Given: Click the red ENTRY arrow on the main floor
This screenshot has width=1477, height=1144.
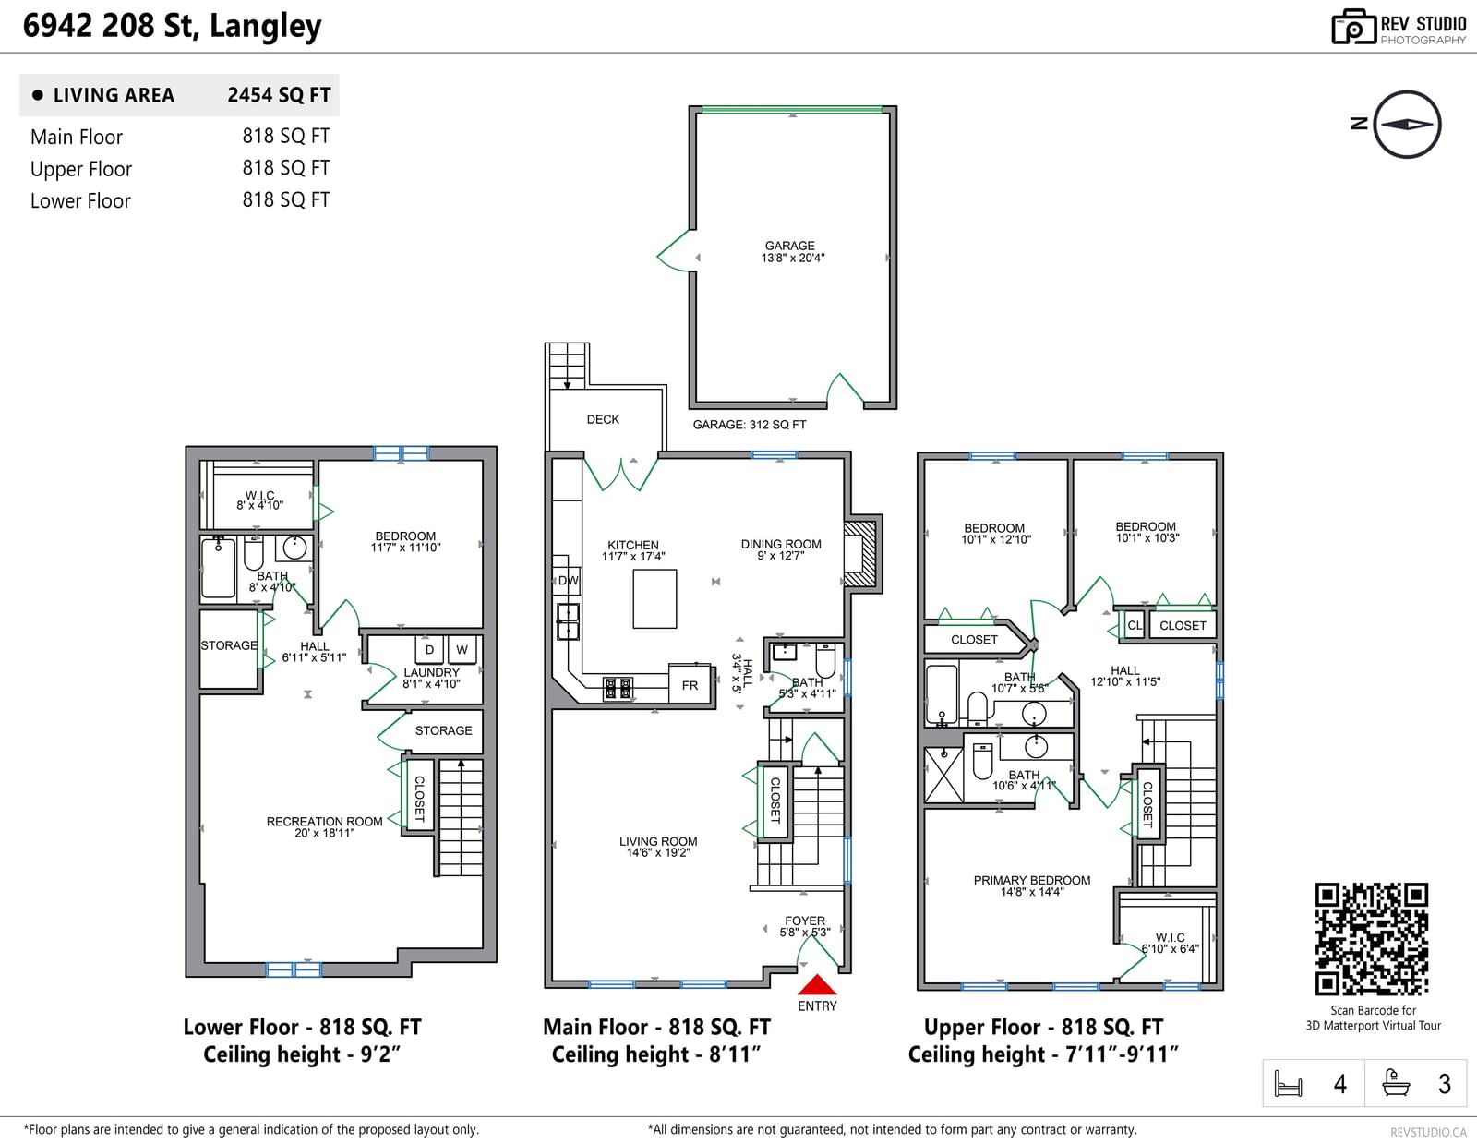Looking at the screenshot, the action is [x=816, y=984].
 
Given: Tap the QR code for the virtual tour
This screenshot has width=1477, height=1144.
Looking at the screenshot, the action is [x=1371, y=939].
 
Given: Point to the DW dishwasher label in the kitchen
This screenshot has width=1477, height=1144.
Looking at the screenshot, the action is [x=569, y=581].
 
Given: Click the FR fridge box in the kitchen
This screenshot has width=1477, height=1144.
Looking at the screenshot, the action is [x=690, y=685].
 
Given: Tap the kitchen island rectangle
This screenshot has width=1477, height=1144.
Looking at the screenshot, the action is [x=654, y=599].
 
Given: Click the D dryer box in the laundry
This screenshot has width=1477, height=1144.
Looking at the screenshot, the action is [x=429, y=650].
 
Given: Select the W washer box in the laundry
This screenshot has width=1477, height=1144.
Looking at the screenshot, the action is [x=462, y=650].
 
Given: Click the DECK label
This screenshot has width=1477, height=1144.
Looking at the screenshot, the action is [x=603, y=419].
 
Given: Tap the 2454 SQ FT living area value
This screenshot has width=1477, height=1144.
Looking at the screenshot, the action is [x=279, y=95].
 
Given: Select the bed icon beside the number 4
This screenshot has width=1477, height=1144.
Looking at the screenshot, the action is [x=1288, y=1083].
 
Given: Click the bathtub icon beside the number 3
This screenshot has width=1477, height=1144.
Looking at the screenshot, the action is [x=1396, y=1083].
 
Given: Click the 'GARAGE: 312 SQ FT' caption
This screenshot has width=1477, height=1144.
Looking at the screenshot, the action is [x=749, y=425].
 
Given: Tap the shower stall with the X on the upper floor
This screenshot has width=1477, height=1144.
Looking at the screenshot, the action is [x=943, y=775].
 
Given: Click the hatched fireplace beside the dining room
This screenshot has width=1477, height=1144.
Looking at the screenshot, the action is [x=861, y=554].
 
